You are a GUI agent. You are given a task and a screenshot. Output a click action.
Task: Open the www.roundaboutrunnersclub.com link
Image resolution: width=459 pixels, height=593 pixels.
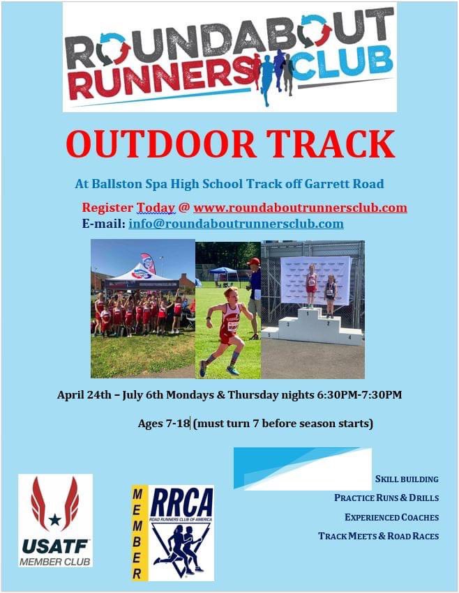(300, 208)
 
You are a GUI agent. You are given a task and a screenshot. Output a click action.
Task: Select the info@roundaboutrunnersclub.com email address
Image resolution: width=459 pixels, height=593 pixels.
(236, 224)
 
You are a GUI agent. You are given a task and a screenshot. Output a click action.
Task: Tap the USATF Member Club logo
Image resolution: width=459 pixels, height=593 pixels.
(55, 520)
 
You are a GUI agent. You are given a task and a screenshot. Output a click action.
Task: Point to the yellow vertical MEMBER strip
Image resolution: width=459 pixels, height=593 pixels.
(138, 533)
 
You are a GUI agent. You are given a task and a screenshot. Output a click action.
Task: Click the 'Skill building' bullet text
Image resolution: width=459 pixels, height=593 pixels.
(407, 479)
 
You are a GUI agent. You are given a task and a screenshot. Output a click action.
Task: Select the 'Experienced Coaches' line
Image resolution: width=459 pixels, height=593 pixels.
(391, 517)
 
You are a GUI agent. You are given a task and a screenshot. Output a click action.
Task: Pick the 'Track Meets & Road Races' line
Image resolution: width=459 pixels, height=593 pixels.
(378, 536)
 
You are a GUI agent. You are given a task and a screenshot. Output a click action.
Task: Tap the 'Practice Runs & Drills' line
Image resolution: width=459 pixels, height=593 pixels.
(386, 498)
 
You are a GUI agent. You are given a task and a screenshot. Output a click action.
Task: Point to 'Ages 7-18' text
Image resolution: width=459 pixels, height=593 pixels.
(164, 424)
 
